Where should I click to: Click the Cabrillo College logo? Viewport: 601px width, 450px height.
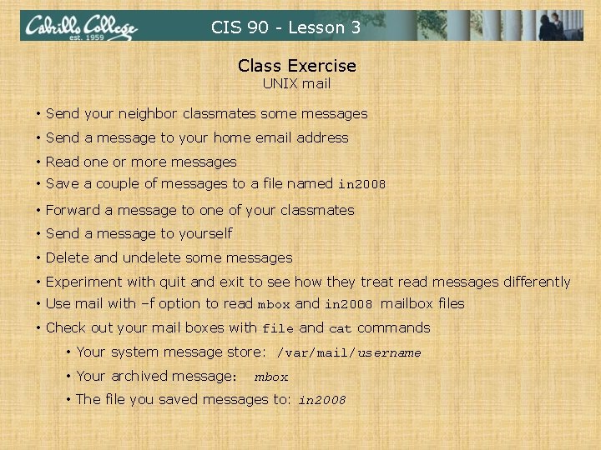[80, 27]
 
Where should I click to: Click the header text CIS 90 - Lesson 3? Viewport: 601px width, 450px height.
[285, 27]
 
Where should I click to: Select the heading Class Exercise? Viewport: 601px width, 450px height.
[296, 66]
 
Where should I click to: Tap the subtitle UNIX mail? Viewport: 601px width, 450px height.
[296, 83]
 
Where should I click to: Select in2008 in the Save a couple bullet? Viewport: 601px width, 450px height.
[361, 184]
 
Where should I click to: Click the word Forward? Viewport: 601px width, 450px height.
[73, 210]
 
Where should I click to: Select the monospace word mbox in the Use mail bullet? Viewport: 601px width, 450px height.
[274, 304]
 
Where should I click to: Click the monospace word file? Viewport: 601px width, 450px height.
[278, 328]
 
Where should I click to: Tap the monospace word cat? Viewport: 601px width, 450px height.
[341, 328]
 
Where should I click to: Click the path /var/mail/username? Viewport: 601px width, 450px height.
[348, 352]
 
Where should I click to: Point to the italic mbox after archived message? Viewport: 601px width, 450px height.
[271, 377]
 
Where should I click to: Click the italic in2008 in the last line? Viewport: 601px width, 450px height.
[321, 400]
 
